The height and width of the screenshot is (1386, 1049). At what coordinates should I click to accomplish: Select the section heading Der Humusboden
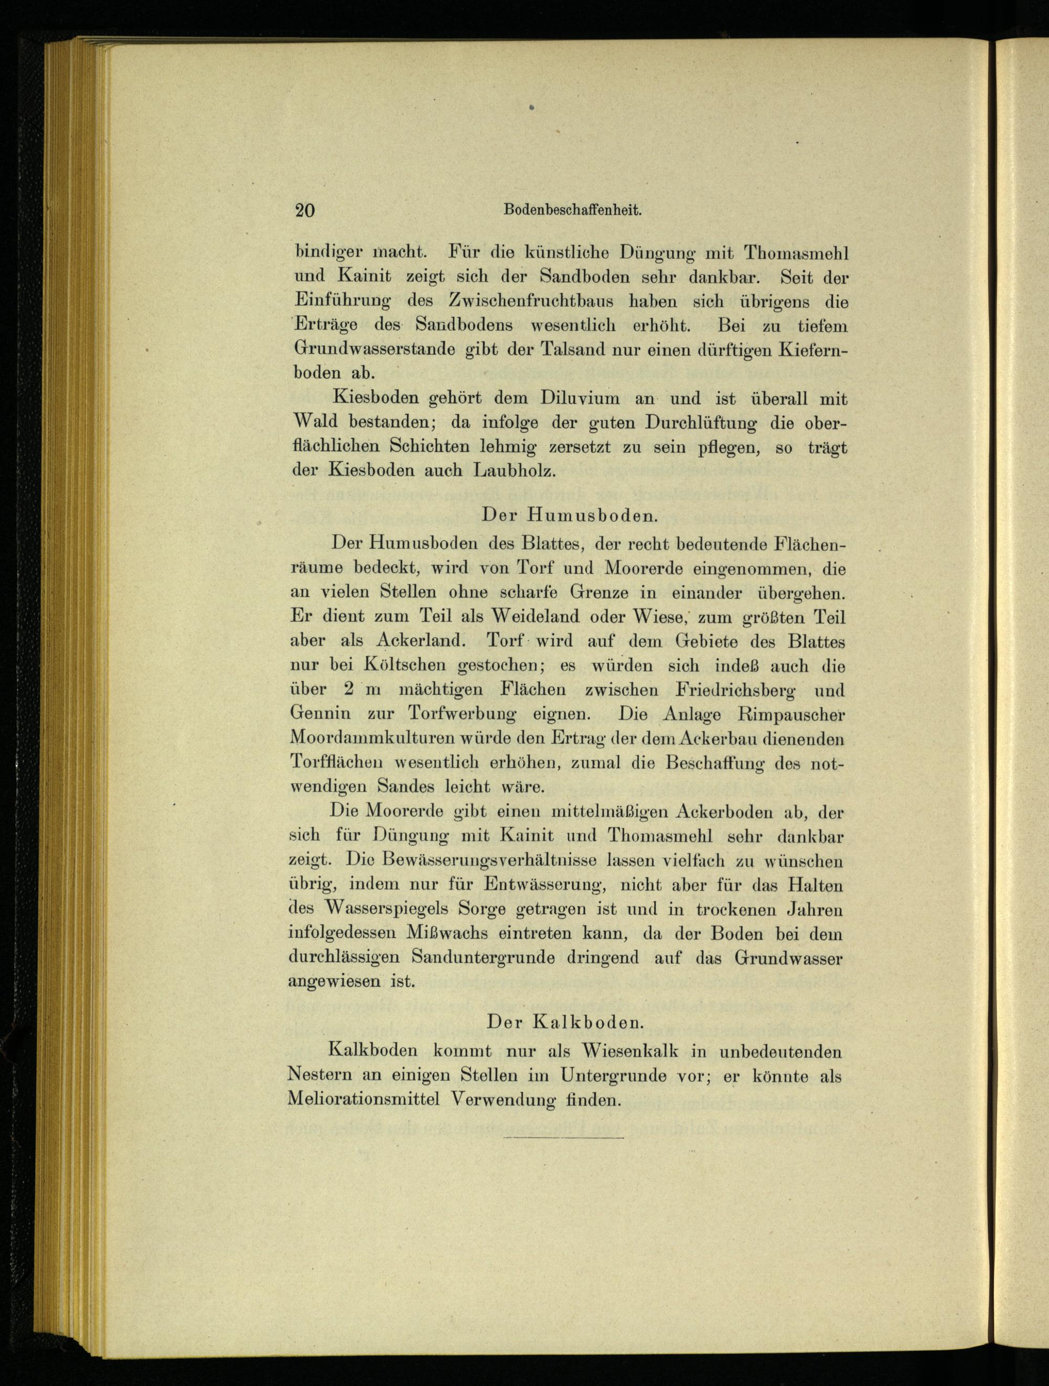(569, 515)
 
